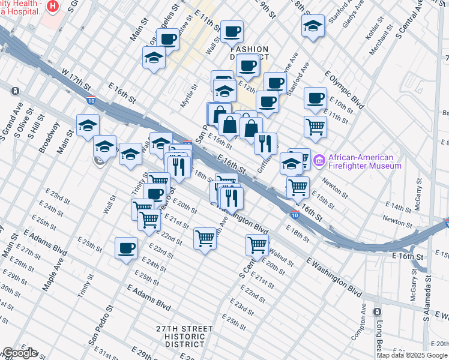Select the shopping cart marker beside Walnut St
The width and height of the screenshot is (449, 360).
pyautogui.click(x=257, y=244)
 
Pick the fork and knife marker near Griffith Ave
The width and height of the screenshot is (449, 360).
pyautogui.click(x=265, y=143)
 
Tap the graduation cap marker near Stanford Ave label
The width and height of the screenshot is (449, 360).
pyautogui.click(x=313, y=25)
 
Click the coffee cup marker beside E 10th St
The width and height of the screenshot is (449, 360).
pyautogui.click(x=315, y=98)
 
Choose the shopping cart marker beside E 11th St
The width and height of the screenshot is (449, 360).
pyautogui.click(x=315, y=126)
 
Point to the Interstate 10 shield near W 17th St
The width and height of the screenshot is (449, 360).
pyautogui.click(x=91, y=101)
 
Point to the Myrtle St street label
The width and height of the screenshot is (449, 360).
pyautogui.click(x=189, y=96)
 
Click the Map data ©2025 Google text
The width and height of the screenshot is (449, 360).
pyautogui.click(x=412, y=355)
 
